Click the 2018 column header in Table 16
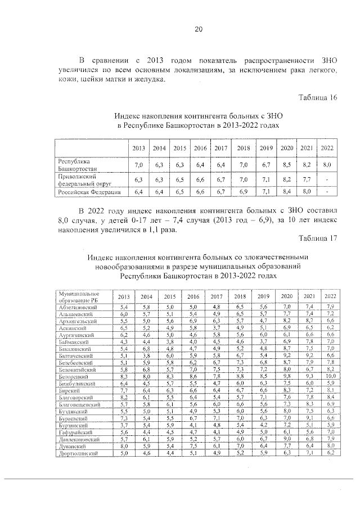point(243,148)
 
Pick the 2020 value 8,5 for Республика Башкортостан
point(287,164)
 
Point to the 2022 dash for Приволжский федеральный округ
point(327,180)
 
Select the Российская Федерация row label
point(89,192)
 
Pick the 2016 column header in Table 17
point(193,296)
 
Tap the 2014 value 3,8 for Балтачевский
point(146,355)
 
